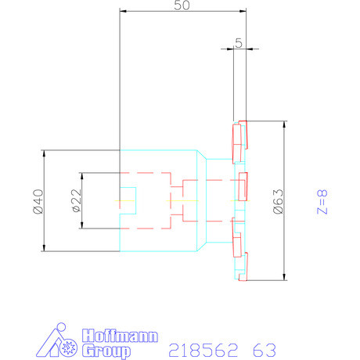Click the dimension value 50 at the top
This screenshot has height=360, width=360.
coord(182,5)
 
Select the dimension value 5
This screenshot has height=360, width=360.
coord(238,43)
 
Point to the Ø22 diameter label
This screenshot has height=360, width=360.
coord(76,200)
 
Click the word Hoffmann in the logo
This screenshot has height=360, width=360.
coord(120,337)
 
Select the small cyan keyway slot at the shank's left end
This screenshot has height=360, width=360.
coord(128,200)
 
